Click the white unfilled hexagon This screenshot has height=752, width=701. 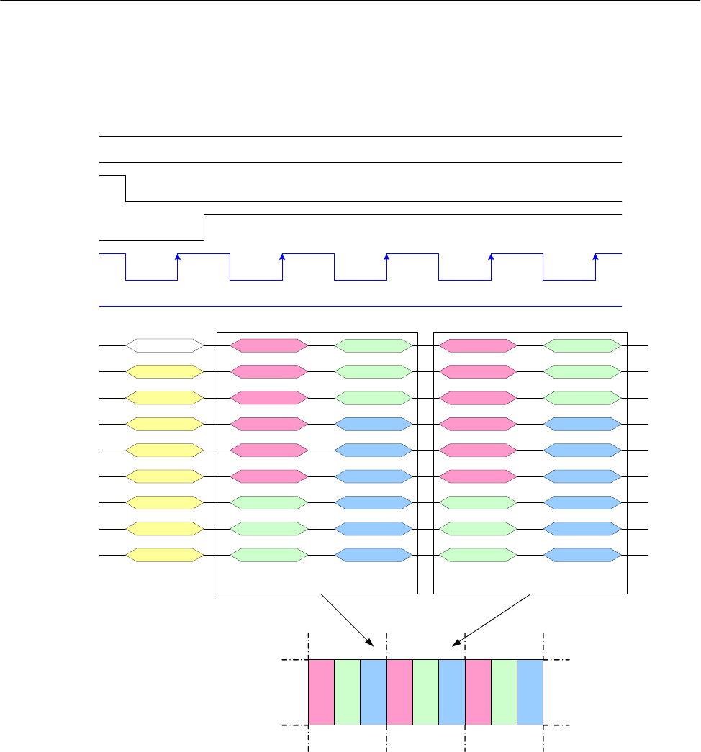tap(164, 345)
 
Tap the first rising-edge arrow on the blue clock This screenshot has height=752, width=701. tap(178, 257)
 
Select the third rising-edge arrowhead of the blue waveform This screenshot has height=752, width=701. tap(386, 257)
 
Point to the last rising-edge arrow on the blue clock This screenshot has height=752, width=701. tap(595, 257)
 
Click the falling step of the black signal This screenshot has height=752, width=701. tap(126, 188)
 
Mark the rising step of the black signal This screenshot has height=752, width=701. tap(205, 227)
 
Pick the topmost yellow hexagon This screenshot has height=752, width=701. tap(164, 371)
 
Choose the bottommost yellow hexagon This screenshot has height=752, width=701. tap(164, 556)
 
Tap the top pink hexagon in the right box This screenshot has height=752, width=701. tap(478, 345)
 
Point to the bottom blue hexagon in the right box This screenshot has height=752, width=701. tap(582, 556)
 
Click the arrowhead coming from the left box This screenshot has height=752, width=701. tap(369, 643)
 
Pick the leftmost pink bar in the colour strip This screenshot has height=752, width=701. tap(321, 692)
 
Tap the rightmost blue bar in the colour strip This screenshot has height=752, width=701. tap(530, 692)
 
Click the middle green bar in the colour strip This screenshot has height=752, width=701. tap(425, 692)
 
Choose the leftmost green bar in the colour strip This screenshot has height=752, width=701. tap(347, 692)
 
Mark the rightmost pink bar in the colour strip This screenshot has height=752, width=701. tap(478, 692)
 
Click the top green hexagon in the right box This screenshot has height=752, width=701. tap(582, 345)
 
